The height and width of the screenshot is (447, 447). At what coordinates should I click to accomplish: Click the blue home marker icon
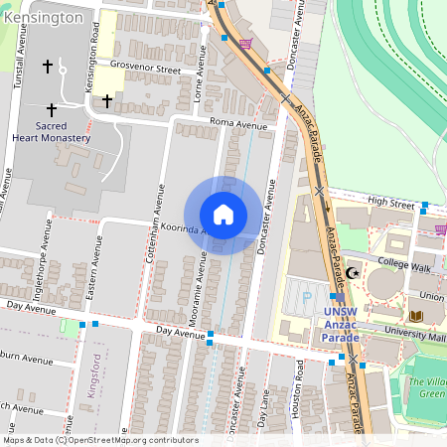click(223, 215)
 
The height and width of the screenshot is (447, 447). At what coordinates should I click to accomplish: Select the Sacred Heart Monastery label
click(63, 132)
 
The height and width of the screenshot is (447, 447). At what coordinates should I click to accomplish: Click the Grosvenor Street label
click(145, 71)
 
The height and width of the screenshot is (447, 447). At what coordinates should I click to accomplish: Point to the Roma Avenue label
click(238, 125)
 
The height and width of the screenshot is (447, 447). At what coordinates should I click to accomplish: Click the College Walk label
click(406, 265)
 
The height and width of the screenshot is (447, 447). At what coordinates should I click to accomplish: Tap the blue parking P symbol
click(306, 295)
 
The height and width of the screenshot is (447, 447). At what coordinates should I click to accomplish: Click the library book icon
click(415, 316)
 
